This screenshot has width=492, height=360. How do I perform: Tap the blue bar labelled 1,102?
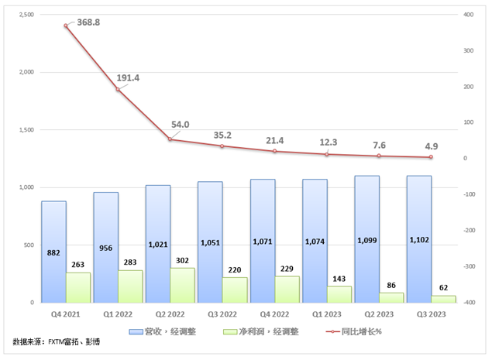[x=419, y=239]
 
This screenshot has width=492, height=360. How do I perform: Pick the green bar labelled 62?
[x=444, y=299]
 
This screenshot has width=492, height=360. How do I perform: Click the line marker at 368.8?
[x=66, y=26]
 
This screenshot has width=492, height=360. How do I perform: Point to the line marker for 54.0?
[x=170, y=139]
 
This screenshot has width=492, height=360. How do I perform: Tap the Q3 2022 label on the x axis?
[x=222, y=314]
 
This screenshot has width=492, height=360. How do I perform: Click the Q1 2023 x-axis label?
[x=327, y=314]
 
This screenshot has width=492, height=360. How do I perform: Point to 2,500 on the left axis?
[x=26, y=15]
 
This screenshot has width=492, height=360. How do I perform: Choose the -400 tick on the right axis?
[x=470, y=303]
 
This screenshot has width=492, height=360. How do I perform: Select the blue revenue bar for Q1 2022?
[x=105, y=247]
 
